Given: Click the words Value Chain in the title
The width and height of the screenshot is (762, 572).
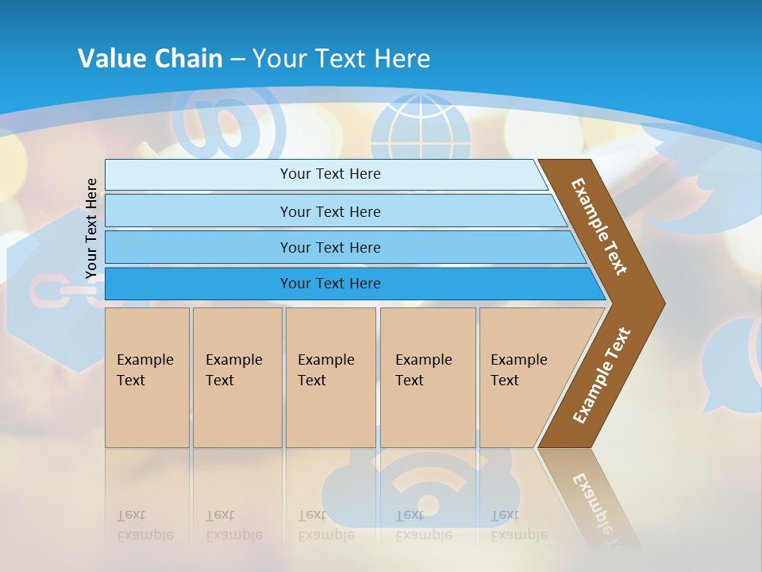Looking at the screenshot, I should [150, 59].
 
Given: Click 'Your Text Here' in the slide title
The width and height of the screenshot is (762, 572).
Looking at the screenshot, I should [341, 59].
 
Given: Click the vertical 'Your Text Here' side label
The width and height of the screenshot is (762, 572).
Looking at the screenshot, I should [91, 229].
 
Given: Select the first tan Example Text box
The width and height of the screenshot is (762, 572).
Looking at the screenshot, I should [147, 377].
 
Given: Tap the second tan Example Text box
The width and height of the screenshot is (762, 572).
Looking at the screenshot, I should [237, 377].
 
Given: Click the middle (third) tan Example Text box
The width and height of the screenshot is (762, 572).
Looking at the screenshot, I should [330, 377].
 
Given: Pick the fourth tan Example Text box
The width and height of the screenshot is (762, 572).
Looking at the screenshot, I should [428, 377].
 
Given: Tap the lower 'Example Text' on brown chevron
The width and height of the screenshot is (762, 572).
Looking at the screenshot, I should [602, 376].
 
